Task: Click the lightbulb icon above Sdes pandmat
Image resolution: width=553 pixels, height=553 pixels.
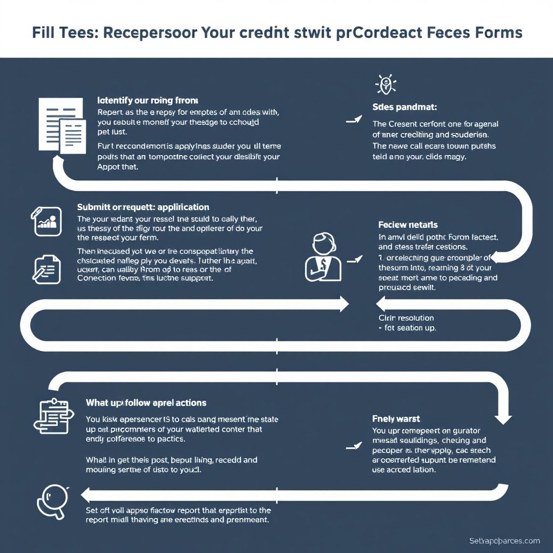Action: tap(386, 84)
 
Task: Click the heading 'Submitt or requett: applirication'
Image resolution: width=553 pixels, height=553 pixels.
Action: tap(143, 207)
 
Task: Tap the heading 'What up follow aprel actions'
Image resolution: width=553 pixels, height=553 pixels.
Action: tap(146, 403)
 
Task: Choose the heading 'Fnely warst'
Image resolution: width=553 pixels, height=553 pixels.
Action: tap(396, 419)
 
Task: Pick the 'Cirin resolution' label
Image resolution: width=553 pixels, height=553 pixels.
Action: tap(406, 318)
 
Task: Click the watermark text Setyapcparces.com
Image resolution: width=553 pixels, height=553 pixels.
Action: tap(504, 541)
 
